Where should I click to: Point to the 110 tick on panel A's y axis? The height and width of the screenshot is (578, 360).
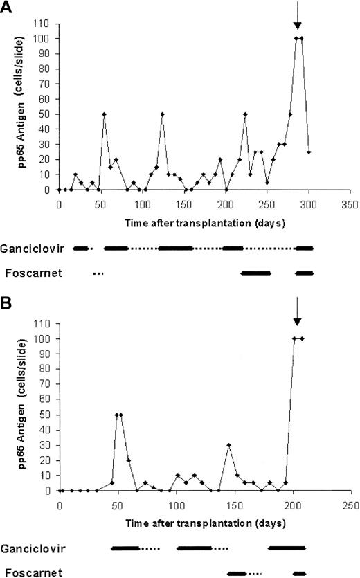point(46,23)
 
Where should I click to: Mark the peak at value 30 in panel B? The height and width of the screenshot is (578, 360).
point(228,445)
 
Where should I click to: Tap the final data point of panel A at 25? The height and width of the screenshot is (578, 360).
point(308,152)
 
